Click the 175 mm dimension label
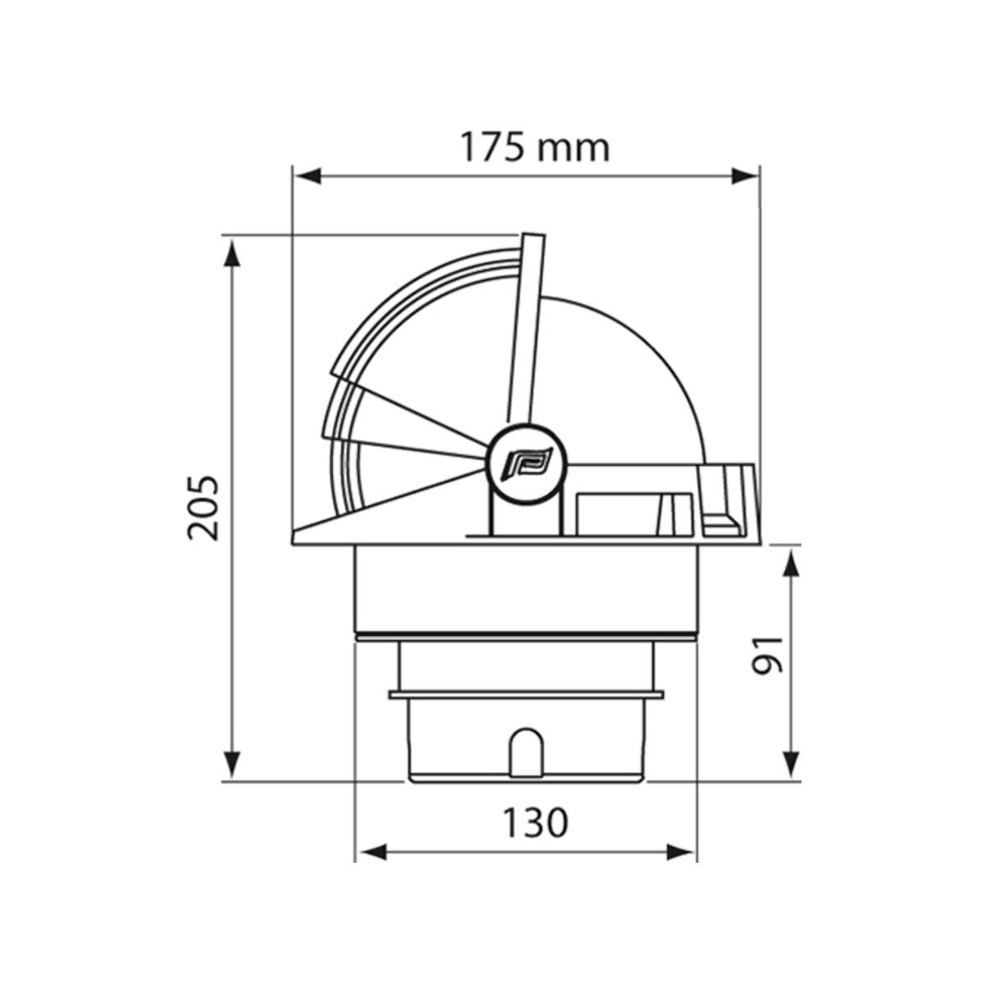click(x=535, y=147)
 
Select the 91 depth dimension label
click(x=767, y=656)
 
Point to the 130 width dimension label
click(x=536, y=822)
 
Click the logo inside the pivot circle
click(x=527, y=463)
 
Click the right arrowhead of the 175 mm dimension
click(x=744, y=177)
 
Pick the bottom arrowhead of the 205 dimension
click(x=233, y=765)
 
